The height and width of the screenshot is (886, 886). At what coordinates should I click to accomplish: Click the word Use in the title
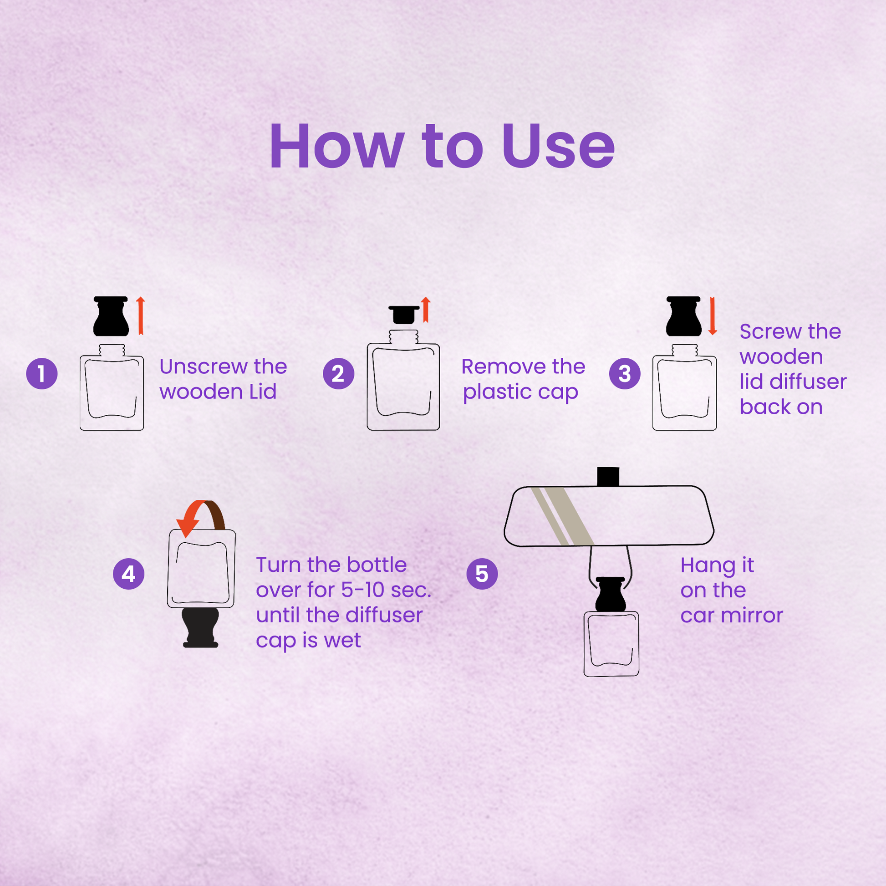pyautogui.click(x=558, y=146)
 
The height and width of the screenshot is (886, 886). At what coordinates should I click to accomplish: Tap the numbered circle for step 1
pyautogui.click(x=42, y=374)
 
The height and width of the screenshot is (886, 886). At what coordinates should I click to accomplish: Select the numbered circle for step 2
pyautogui.click(x=338, y=374)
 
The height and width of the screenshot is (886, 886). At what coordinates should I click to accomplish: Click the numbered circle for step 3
pyautogui.click(x=625, y=374)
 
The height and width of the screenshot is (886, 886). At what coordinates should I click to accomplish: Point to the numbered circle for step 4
pyautogui.click(x=129, y=574)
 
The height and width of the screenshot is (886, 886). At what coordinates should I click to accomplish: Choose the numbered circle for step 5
pyautogui.click(x=482, y=574)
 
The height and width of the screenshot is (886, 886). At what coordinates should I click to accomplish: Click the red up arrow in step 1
pyautogui.click(x=141, y=316)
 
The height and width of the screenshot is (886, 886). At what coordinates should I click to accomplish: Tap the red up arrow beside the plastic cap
pyautogui.click(x=426, y=310)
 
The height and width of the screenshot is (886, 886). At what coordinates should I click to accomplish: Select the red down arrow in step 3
pyautogui.click(x=712, y=316)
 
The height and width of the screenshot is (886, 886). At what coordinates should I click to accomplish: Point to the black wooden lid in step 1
pyautogui.click(x=111, y=316)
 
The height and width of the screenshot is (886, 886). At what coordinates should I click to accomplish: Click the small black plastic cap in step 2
pyautogui.click(x=404, y=315)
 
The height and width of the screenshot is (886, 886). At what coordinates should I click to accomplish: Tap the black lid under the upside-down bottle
pyautogui.click(x=200, y=627)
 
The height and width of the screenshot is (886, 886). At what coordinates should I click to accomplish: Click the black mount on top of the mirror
pyautogui.click(x=608, y=477)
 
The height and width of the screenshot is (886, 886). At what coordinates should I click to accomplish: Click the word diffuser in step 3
pyautogui.click(x=808, y=382)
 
